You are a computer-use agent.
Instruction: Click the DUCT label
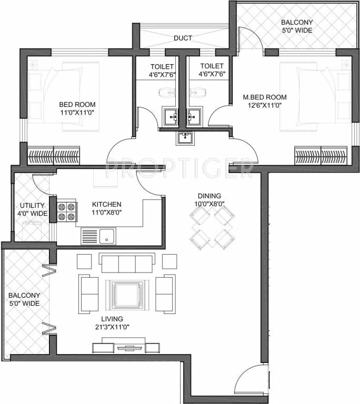183,38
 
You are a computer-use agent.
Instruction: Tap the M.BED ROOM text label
264,97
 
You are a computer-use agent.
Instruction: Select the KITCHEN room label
107,204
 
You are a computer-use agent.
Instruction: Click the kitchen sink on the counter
98,236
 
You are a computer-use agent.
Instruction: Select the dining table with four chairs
212,226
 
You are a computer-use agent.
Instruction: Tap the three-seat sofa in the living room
127,261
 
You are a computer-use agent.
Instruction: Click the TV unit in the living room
126,347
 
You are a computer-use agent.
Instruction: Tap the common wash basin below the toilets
184,138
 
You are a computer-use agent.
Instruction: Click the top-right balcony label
296,26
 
